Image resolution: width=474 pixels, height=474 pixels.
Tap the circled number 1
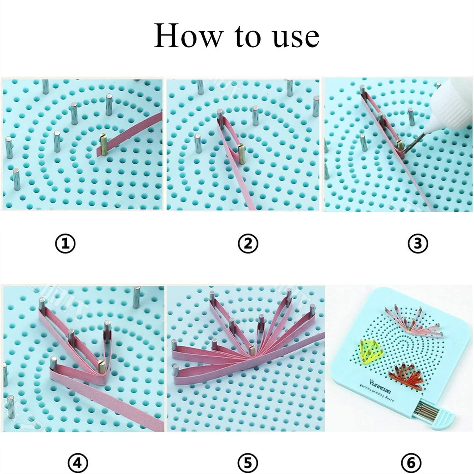coord(65,244)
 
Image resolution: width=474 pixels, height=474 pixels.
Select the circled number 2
coord(248,244)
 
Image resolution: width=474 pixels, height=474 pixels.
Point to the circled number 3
coord(418,244)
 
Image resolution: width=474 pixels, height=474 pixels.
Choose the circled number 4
coord(78,463)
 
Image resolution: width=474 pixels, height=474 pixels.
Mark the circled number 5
coord(248,463)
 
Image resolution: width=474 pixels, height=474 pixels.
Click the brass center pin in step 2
coord(241,151)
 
